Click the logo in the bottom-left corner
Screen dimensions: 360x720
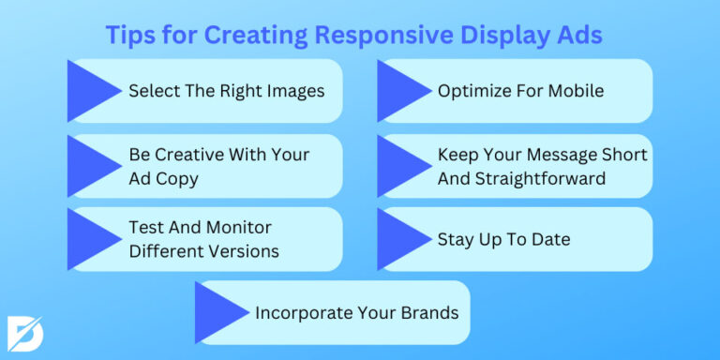[x=23, y=333]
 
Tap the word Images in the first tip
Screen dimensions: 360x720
[x=295, y=91]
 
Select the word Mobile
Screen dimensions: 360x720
[x=574, y=91]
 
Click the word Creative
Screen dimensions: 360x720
[x=184, y=154]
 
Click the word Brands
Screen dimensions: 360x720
[x=428, y=312]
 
